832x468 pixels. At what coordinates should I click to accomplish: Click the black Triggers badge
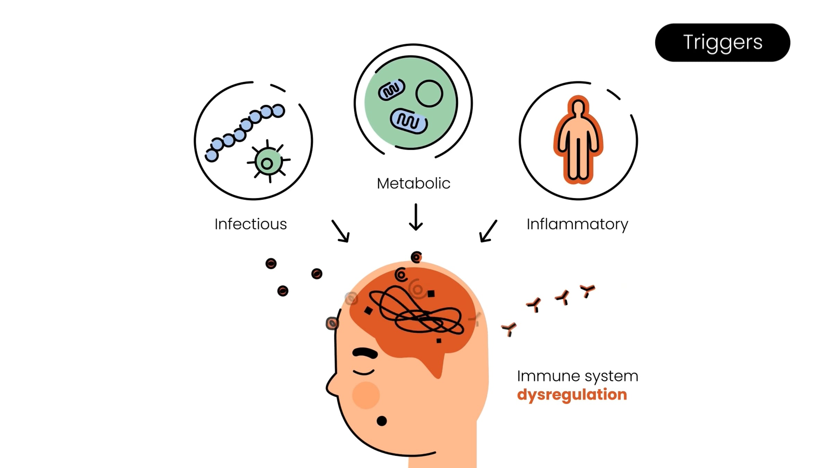click(722, 43)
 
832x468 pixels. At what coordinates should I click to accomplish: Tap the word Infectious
click(251, 224)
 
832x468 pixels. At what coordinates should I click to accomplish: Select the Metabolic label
click(413, 183)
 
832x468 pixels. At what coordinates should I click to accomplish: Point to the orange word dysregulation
click(572, 395)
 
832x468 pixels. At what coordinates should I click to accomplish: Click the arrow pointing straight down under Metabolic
click(416, 217)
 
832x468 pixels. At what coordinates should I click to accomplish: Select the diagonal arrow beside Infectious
click(340, 231)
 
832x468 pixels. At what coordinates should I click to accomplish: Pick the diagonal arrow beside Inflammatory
click(488, 231)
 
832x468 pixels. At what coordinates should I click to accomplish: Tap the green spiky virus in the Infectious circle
click(268, 162)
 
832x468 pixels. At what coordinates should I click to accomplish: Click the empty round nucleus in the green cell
click(429, 93)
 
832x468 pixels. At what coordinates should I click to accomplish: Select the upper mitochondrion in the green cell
click(391, 90)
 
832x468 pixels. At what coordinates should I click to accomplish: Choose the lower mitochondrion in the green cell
click(409, 121)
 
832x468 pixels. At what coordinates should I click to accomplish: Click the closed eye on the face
click(363, 372)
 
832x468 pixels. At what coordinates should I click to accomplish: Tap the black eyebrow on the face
click(365, 353)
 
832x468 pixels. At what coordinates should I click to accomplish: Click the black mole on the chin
click(382, 421)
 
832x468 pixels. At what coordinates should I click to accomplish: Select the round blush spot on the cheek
click(366, 395)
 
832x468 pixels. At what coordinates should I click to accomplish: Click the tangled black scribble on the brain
click(416, 310)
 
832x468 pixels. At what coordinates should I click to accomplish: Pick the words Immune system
click(577, 376)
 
